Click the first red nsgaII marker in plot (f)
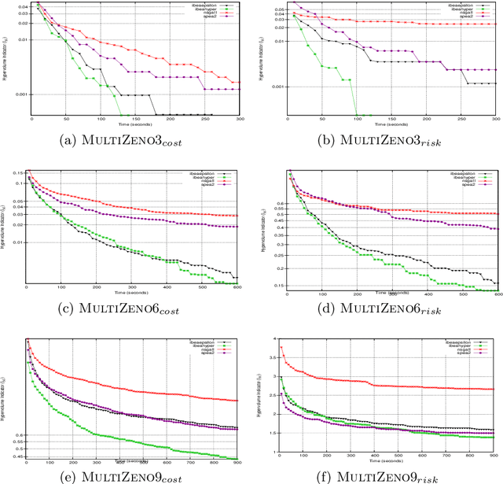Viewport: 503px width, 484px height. point(281,348)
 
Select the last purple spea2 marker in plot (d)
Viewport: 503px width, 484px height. point(496,229)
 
